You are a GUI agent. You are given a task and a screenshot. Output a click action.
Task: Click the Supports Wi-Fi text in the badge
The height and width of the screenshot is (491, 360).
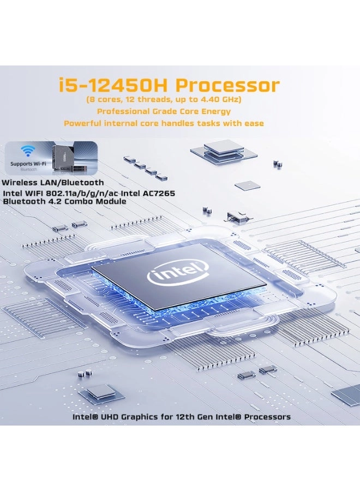coord(28,163)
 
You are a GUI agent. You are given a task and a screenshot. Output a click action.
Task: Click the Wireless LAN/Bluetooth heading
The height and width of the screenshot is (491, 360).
coord(52,183)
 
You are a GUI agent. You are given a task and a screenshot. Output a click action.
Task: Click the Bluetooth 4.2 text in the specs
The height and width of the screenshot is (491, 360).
coord(32,201)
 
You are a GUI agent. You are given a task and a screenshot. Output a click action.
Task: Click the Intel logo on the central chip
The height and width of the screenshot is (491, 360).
coord(178,272)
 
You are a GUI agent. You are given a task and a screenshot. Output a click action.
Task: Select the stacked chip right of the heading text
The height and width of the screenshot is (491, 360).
coord(223,149)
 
